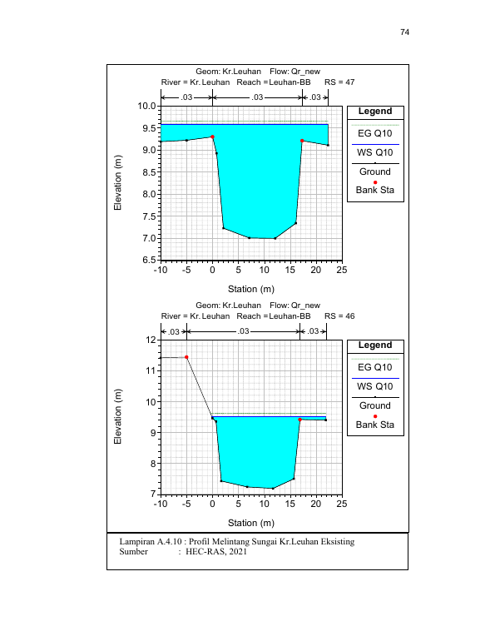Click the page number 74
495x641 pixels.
[404, 32]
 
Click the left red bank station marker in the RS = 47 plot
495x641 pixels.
[212, 137]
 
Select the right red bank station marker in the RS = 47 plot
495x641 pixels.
[302, 141]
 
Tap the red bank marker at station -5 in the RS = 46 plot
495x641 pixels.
[186, 357]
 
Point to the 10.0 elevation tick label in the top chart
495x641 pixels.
[146, 106]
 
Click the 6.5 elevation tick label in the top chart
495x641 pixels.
[150, 260]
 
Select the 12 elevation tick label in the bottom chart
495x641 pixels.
[151, 340]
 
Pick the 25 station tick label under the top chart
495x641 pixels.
[342, 270]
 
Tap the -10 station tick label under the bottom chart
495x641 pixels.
[161, 504]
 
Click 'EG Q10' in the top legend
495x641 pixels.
[375, 133]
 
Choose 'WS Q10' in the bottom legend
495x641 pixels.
[375, 386]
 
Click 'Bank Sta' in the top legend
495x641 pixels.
[375, 190]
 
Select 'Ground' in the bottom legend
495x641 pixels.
[375, 405]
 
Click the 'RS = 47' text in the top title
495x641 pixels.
[339, 82]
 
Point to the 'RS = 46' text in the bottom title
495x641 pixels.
[339, 316]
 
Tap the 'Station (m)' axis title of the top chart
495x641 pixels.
[251, 289]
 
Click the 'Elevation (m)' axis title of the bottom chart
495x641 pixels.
[117, 416]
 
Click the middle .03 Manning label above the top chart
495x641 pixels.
[257, 97]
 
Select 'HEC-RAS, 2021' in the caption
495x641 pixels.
[216, 551]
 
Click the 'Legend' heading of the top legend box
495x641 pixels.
[375, 112]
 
